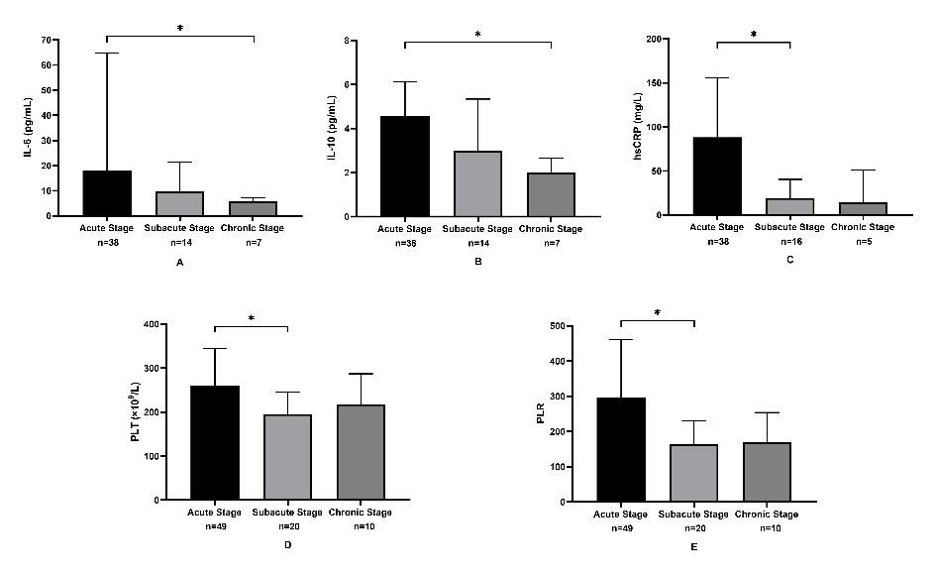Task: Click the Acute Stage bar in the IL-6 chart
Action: [x=107, y=193]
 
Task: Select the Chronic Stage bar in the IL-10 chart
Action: [x=551, y=194]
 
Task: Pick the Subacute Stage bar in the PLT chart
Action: [x=287, y=457]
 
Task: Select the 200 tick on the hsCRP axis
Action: [x=679, y=39]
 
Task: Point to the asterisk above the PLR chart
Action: [x=658, y=313]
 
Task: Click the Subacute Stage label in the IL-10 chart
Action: [x=478, y=229]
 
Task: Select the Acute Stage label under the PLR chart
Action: [x=620, y=515]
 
